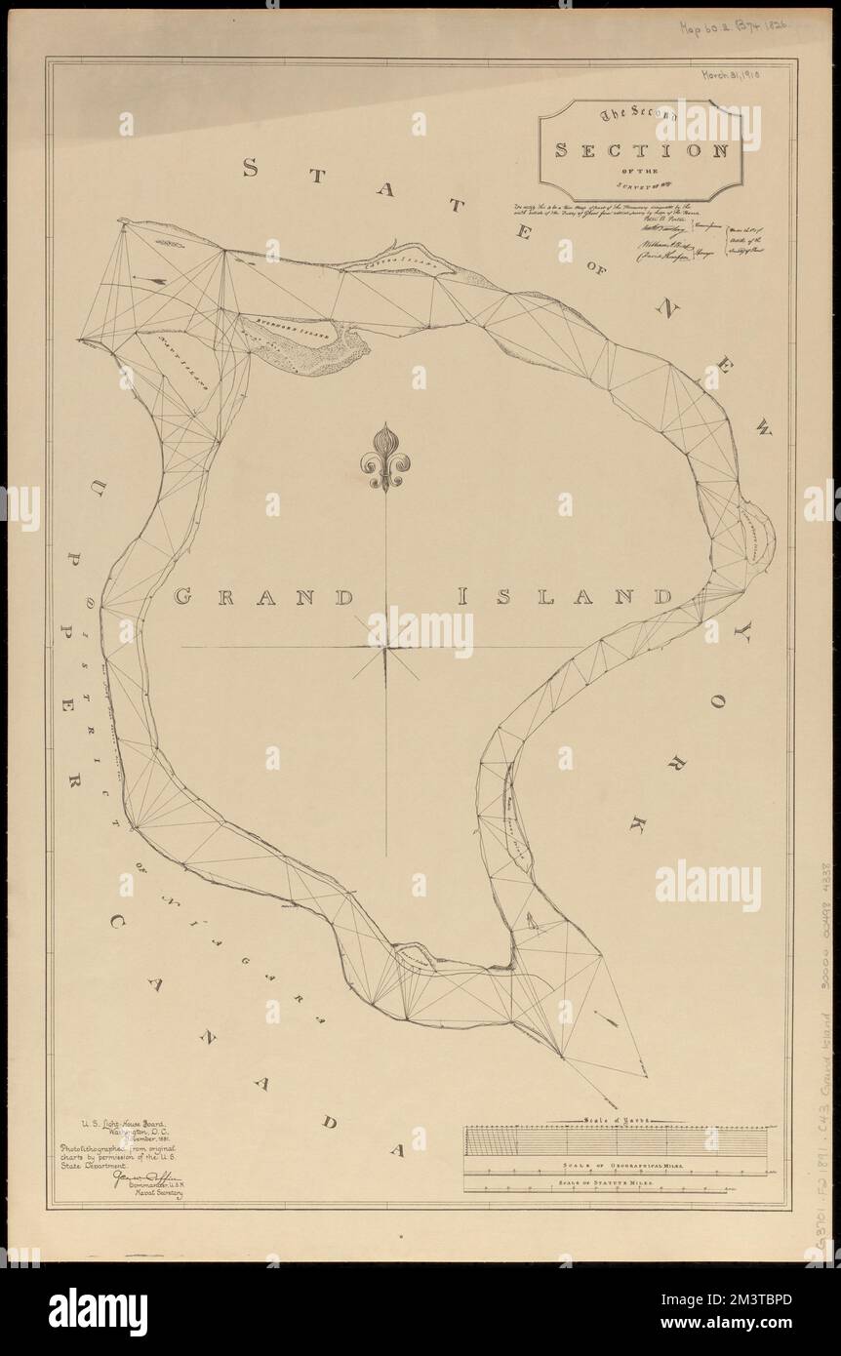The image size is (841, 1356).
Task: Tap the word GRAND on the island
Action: tap(262, 596)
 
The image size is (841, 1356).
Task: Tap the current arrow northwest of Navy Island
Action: tap(150, 278)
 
